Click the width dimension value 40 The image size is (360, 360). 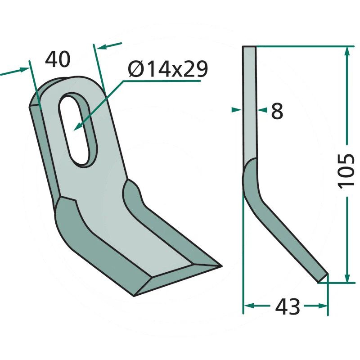point(58,59)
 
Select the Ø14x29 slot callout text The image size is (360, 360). point(168,69)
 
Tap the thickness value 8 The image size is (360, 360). point(277,111)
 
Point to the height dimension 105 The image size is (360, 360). point(346,171)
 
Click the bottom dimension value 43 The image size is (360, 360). point(288,306)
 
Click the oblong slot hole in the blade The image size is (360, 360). point(77,130)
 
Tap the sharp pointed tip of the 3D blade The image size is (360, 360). point(221,266)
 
